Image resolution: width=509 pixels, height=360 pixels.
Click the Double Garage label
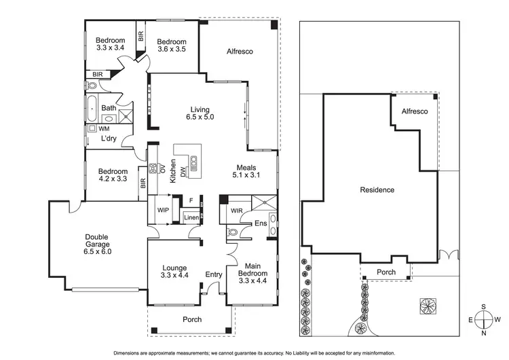pos(98,245)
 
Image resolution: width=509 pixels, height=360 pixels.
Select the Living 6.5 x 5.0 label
pos(200,113)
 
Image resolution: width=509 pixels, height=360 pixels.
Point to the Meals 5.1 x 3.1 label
pos(247,171)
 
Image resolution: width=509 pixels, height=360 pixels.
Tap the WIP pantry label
pos(163,209)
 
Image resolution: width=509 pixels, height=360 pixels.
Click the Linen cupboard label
pos(191,217)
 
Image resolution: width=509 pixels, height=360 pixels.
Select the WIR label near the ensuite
pos(236,211)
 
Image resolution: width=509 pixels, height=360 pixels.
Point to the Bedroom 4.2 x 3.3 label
pos(113,175)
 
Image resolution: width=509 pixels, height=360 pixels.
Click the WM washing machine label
pos(103,128)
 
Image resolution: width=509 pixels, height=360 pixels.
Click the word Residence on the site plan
pos(377,190)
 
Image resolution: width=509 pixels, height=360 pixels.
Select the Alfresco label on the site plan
pos(414,111)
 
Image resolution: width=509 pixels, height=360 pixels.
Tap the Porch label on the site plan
pos(386,272)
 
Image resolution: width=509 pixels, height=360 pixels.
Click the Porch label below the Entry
pos(192,319)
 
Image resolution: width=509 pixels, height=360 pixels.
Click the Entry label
pos(214,274)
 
